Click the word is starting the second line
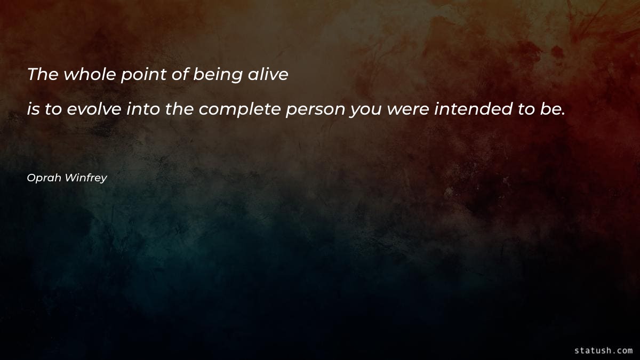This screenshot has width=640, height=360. [33, 110]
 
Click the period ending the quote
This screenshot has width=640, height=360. [562, 114]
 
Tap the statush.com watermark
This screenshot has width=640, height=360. [603, 350]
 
